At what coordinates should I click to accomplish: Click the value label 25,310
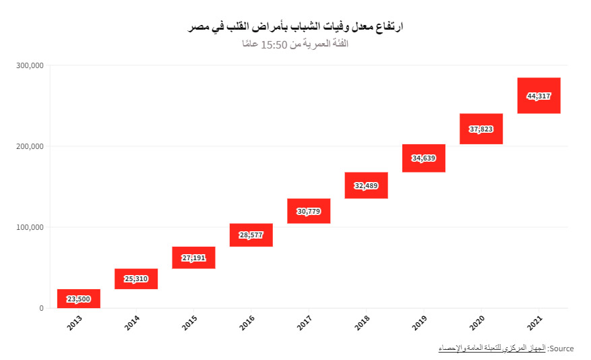coord(136,279)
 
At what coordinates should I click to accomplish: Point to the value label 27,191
coord(193,258)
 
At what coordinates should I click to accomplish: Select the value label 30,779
coord(309,212)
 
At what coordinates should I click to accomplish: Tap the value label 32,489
coord(366,186)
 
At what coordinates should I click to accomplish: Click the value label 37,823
coord(481,129)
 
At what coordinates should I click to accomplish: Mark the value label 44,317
coord(539,96)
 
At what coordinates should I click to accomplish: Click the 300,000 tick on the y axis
coord(29,65)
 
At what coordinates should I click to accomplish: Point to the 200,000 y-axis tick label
coord(29,146)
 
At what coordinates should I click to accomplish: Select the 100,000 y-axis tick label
coord(29,227)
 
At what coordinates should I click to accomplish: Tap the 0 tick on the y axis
coord(41,308)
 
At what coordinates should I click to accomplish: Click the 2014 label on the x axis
coord(133,322)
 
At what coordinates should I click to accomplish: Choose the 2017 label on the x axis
coord(305,322)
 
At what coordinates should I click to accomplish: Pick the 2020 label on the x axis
coord(477,322)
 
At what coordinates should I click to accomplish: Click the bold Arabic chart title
coord(295,27)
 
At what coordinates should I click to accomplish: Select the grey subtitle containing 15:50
coord(295,44)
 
